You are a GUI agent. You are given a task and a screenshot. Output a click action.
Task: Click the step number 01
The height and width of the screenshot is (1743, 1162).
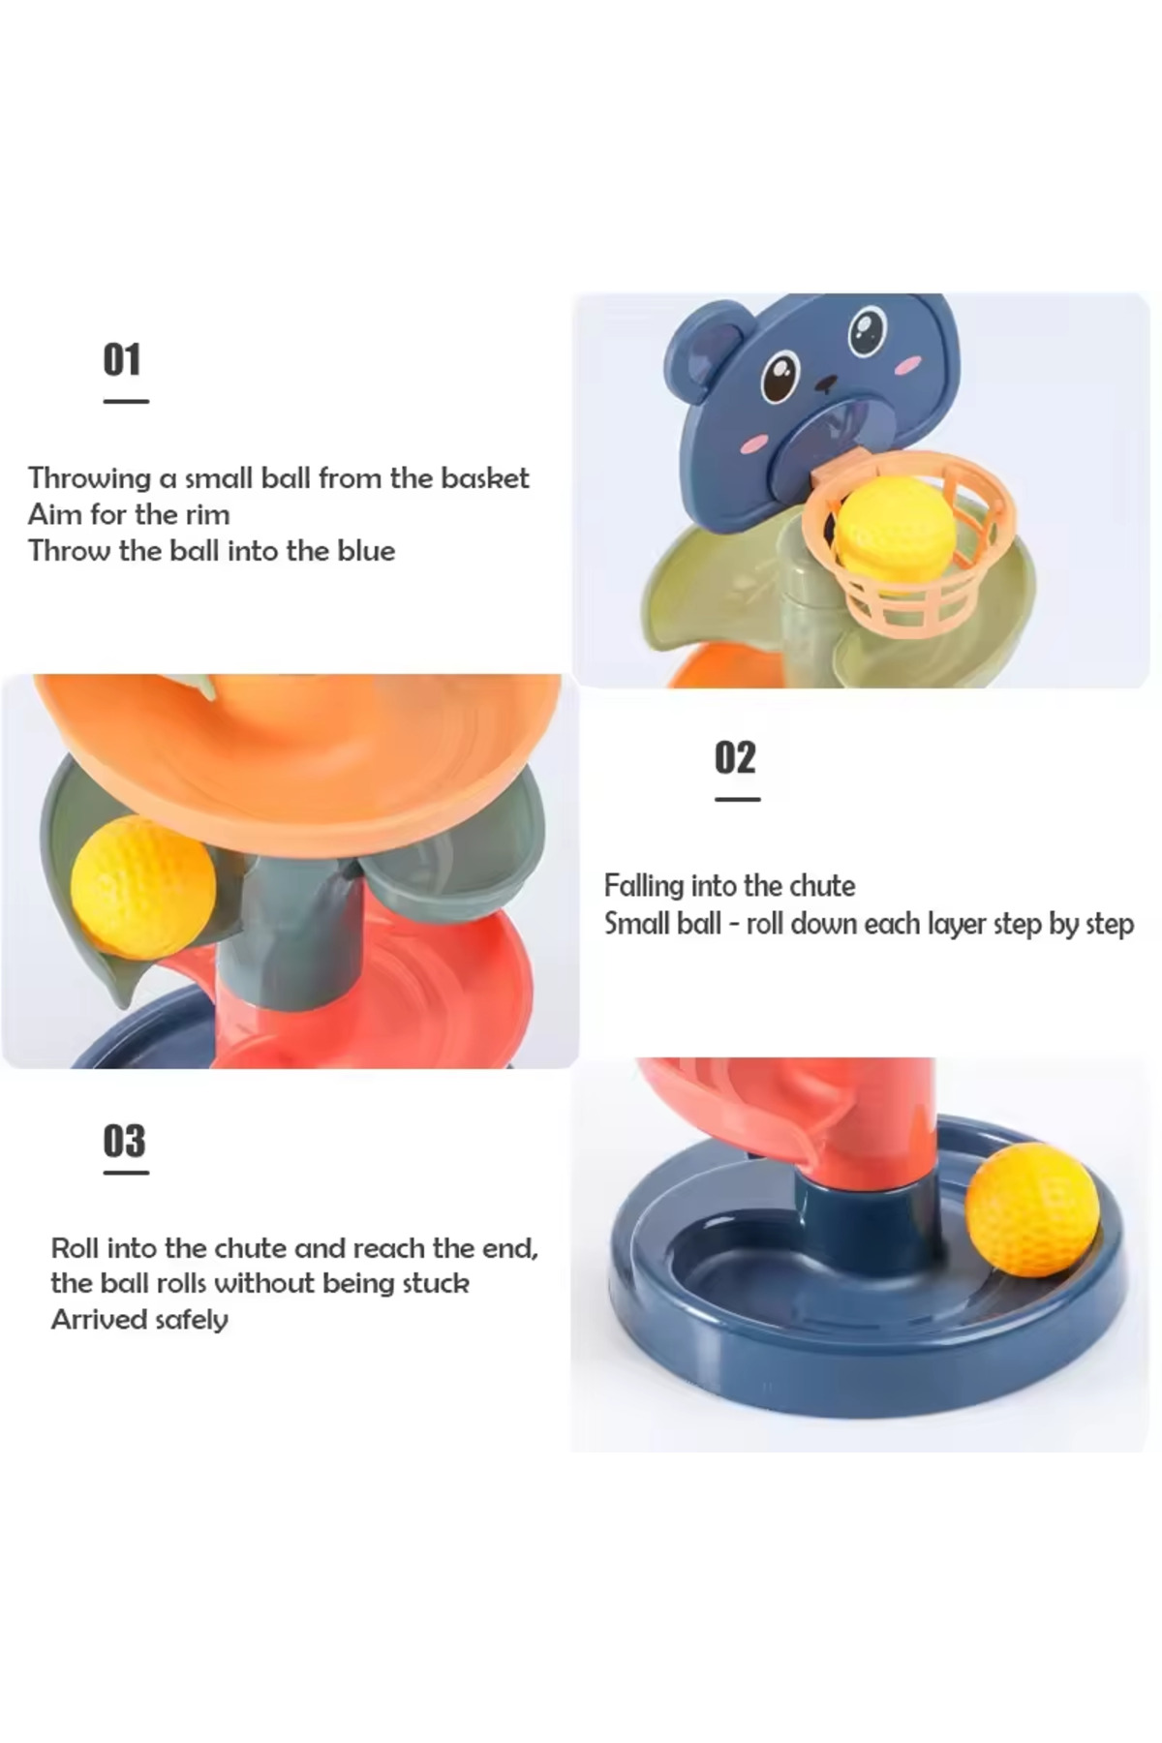(122, 359)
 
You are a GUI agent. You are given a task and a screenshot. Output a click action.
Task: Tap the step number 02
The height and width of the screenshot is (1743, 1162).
(735, 757)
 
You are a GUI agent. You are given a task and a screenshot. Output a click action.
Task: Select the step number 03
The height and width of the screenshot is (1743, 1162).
(124, 1141)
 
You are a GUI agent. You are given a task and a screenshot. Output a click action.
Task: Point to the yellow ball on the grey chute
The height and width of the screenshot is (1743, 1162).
(143, 886)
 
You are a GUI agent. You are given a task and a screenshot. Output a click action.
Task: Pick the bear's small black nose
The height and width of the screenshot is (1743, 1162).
(825, 384)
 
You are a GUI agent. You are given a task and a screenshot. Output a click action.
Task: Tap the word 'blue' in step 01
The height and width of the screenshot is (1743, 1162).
(366, 551)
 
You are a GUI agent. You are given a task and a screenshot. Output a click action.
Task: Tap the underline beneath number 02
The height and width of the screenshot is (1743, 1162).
(737, 799)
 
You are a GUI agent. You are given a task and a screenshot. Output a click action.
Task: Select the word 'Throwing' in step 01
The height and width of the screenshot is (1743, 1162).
(89, 479)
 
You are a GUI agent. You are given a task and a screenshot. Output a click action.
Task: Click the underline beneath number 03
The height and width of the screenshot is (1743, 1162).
(126, 1173)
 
